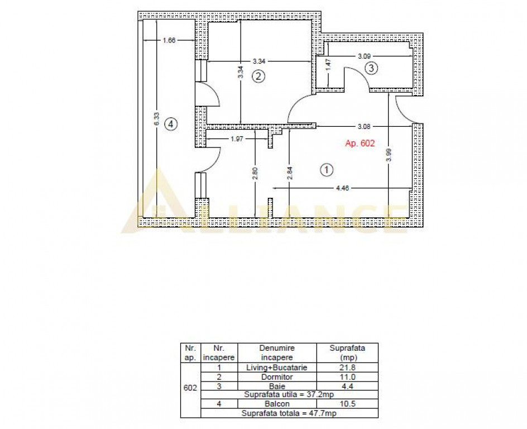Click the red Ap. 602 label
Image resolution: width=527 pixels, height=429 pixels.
(x=360, y=144)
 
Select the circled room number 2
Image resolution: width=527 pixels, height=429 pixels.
(x=258, y=76)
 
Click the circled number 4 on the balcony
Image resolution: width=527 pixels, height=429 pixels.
(x=171, y=125)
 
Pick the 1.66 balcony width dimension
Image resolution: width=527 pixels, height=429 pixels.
(x=169, y=40)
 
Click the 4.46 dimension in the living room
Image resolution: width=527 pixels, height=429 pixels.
(x=342, y=189)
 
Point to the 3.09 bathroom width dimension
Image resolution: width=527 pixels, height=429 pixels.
(x=365, y=56)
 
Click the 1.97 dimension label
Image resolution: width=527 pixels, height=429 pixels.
(x=237, y=139)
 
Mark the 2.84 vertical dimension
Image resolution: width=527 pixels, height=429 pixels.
(x=289, y=172)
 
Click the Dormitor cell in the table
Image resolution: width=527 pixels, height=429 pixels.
(x=277, y=377)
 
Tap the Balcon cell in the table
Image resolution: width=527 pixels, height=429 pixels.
(x=277, y=404)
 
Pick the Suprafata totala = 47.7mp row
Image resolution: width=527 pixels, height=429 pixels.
(x=288, y=413)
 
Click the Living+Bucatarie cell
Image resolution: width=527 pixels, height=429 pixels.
(x=277, y=368)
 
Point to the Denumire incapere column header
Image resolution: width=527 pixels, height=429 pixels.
(x=277, y=352)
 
